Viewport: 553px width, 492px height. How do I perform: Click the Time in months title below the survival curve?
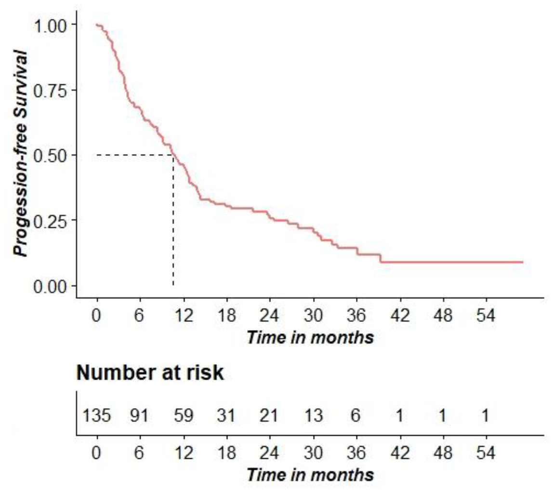310,338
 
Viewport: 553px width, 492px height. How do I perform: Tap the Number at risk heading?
150,373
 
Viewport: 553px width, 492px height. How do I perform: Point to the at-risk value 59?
183,415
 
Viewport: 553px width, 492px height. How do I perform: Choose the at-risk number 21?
270,415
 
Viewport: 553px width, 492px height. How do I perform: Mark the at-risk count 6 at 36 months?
356,415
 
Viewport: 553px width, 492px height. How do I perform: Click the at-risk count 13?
313,415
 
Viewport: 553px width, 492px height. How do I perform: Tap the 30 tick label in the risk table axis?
313,453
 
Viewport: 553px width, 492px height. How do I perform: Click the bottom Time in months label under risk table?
310,475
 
